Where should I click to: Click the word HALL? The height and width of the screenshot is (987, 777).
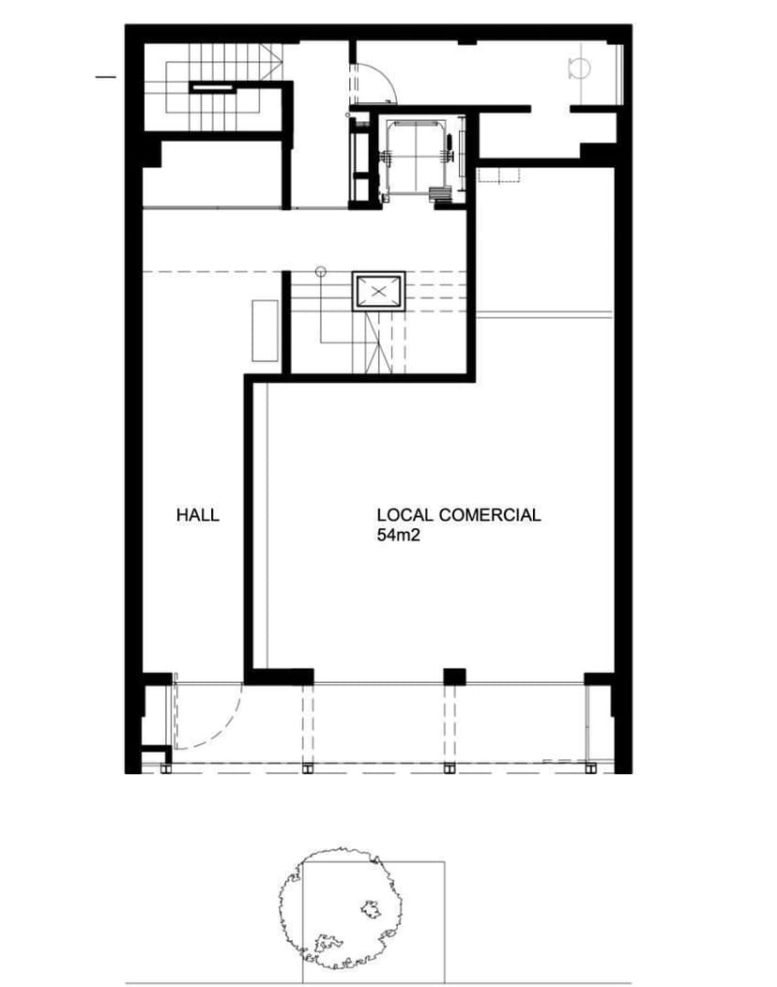click(x=198, y=515)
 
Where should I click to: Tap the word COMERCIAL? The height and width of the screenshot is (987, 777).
click(x=489, y=515)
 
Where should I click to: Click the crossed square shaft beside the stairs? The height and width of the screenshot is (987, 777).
click(x=378, y=291)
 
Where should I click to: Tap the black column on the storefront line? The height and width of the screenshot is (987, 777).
click(x=454, y=676)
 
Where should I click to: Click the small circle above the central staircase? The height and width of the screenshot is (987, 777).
click(x=321, y=272)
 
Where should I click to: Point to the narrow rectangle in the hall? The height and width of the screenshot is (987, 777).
click(x=265, y=330)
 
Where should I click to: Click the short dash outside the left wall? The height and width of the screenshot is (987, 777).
click(x=106, y=77)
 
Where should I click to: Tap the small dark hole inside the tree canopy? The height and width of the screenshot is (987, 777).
click(x=371, y=908)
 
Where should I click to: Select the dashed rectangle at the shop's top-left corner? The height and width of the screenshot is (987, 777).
click(x=498, y=175)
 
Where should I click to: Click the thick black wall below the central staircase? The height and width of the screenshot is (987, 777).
click(x=359, y=378)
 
